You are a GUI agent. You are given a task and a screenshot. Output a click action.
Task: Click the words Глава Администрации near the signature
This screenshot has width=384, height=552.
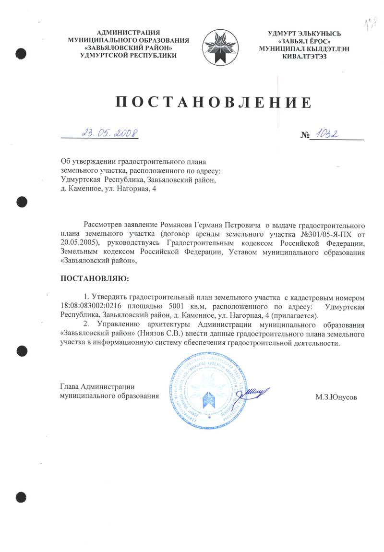[96, 387]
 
